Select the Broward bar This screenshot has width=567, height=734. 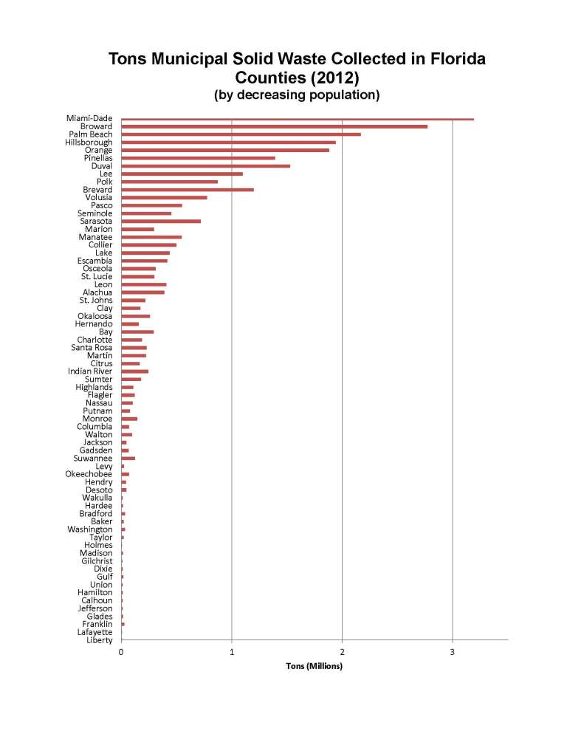(274, 126)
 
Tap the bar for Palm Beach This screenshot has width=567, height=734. (241, 134)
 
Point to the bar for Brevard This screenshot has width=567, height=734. (188, 190)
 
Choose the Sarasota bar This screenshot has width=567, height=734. (161, 221)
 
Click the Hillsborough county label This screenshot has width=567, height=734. (89, 143)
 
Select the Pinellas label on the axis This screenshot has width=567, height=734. (98, 158)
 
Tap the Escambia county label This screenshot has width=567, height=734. (95, 261)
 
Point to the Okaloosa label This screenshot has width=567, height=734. (95, 316)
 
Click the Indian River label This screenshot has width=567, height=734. (90, 371)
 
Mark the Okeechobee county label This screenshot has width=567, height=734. (89, 474)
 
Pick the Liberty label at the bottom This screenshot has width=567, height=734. (100, 640)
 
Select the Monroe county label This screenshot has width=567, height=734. (97, 419)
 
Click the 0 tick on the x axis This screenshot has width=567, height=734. (121, 651)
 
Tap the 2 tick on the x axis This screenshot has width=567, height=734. (343, 651)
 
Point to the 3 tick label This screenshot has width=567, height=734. (453, 651)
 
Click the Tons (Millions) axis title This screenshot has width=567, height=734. (315, 666)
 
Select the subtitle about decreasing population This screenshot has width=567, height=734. (297, 95)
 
